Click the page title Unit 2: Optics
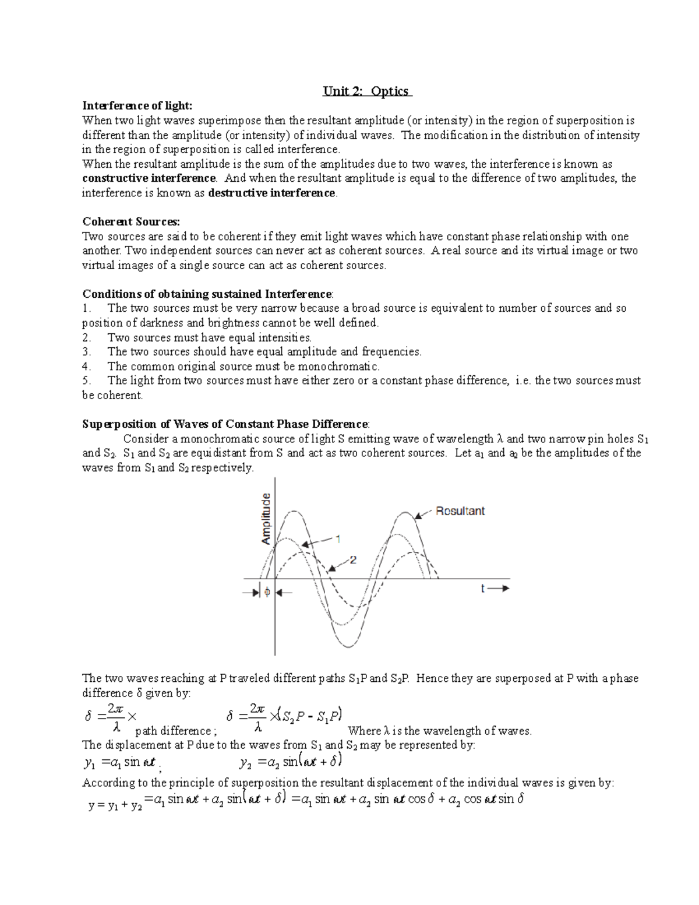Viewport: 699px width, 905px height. pyautogui.click(x=367, y=91)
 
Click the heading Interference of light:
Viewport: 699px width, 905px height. pyautogui.click(x=137, y=105)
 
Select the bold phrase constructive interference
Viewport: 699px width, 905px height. pyautogui.click(x=149, y=178)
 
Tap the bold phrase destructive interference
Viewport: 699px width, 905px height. pyautogui.click(x=271, y=193)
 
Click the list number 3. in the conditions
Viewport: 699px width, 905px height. pyautogui.click(x=87, y=352)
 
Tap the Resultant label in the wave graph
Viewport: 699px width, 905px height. pyautogui.click(x=460, y=511)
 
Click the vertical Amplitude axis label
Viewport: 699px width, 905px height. pyautogui.click(x=266, y=519)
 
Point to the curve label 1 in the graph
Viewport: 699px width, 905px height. pyautogui.click(x=337, y=538)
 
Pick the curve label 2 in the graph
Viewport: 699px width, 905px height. pyautogui.click(x=353, y=559)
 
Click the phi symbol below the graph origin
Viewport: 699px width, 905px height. pyautogui.click(x=267, y=592)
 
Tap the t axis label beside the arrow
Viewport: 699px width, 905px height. pyautogui.click(x=483, y=589)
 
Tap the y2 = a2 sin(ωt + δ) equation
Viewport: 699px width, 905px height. pyautogui.click(x=290, y=762)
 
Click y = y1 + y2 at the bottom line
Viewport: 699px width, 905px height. pyautogui.click(x=115, y=806)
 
